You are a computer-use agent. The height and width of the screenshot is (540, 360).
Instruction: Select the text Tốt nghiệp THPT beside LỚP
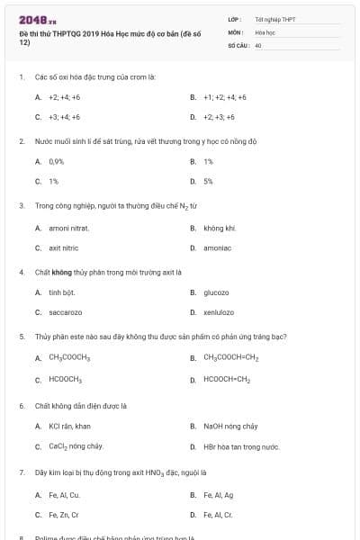[x=274, y=18]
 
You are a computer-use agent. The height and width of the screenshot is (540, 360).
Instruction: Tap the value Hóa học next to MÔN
[x=265, y=31]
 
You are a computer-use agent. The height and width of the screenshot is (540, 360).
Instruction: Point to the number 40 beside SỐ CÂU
[x=258, y=44]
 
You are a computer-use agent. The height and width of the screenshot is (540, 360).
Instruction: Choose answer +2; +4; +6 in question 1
[x=65, y=97]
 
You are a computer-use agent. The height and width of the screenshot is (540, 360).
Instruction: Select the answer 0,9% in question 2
[x=57, y=161]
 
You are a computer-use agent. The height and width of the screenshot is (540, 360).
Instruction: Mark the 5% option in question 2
[x=208, y=181]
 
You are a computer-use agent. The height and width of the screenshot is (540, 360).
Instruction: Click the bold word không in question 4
[x=61, y=272]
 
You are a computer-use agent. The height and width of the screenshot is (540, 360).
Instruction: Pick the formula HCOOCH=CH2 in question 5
[x=227, y=379]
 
